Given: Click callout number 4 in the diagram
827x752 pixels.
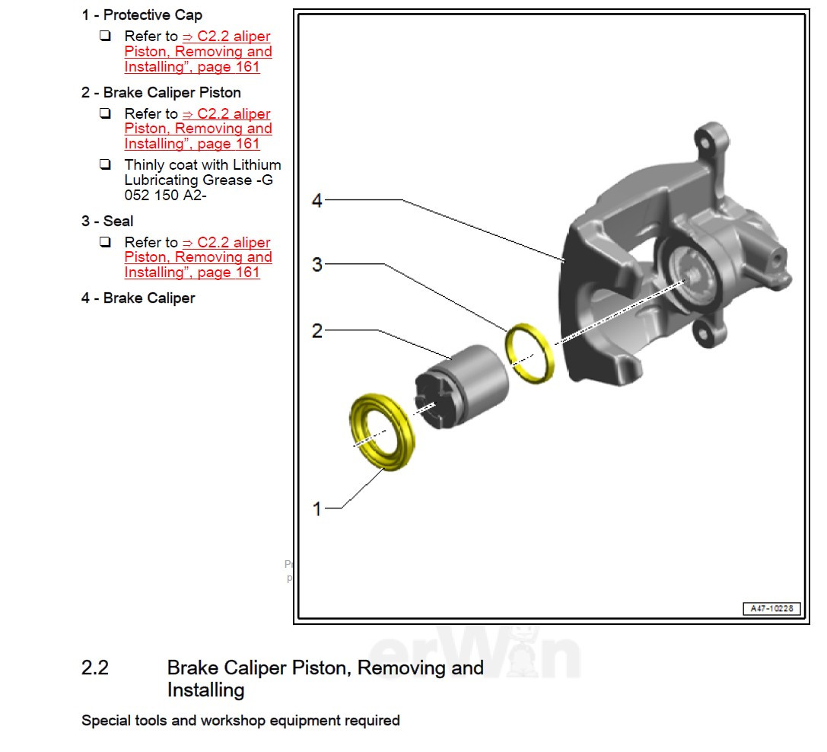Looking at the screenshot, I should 317,201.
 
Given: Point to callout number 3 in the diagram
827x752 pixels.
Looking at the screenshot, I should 317,265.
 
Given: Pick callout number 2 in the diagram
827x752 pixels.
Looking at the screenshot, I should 317,331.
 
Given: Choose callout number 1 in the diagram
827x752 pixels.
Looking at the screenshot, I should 317,508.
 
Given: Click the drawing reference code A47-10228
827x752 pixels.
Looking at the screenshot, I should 771,609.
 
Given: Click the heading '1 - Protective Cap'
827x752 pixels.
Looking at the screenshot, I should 142,15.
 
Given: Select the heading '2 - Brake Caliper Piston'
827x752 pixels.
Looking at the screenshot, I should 161,93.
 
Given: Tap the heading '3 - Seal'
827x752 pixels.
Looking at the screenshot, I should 107,221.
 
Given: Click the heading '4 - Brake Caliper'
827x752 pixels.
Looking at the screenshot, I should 138,298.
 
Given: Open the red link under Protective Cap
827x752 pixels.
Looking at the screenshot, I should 198,52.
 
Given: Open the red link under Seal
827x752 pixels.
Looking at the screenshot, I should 198,258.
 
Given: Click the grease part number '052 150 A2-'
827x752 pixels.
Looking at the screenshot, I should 165,195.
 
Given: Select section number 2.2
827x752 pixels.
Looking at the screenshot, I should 95,668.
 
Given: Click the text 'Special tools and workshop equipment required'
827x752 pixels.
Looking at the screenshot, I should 240,720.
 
